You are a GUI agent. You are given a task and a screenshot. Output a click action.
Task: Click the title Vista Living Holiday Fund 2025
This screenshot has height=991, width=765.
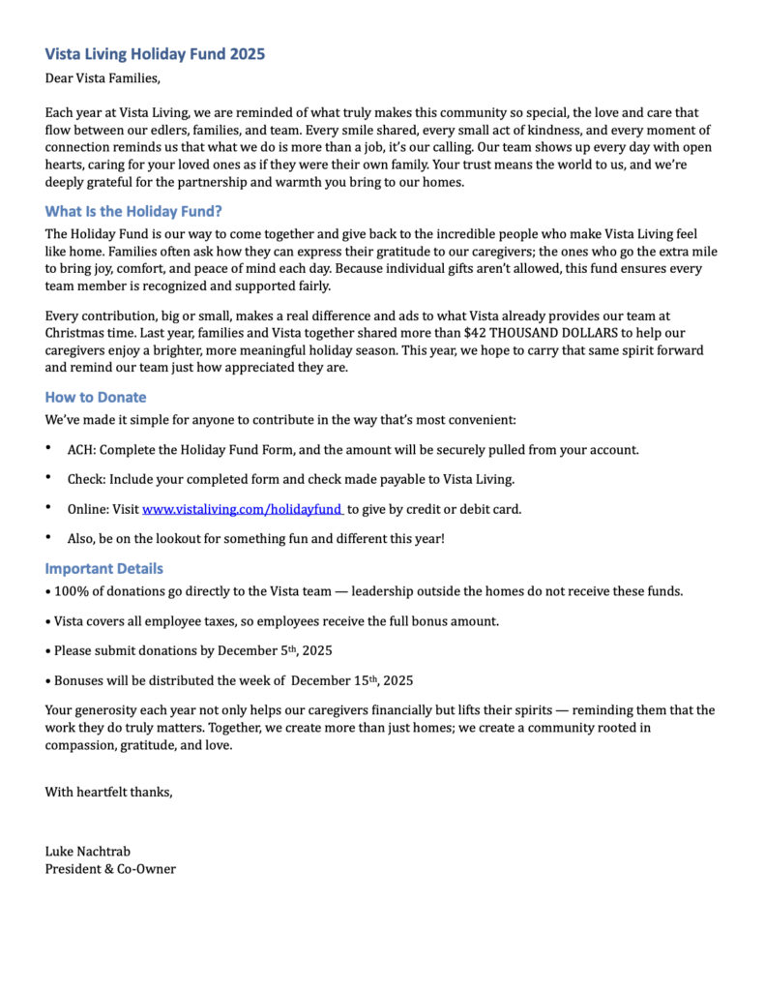tap(155, 54)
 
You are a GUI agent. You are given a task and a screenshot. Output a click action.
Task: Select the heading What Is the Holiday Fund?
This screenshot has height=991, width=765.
tap(133, 211)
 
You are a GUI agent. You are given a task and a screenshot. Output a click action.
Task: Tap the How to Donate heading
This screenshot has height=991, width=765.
tap(96, 397)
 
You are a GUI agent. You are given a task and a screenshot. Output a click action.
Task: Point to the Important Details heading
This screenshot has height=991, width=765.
tap(103, 568)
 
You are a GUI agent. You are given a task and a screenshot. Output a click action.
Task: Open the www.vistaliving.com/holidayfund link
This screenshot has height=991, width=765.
tap(242, 509)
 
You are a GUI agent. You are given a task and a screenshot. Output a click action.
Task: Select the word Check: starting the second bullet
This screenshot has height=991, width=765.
tap(86, 479)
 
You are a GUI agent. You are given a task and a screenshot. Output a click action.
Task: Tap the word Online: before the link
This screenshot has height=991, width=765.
tap(88, 509)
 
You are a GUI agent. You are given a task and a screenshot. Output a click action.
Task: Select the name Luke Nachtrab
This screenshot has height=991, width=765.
tap(87, 852)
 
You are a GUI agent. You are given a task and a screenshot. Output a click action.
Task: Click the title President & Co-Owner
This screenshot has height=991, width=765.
tap(110, 869)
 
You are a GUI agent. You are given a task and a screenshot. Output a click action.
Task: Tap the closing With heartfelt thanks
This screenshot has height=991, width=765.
tap(108, 793)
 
